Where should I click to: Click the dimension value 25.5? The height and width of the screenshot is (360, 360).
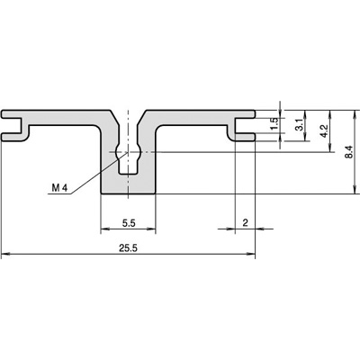point(128,248)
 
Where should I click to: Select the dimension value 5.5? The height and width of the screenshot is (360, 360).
point(129,223)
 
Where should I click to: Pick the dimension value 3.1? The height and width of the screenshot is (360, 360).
point(300,124)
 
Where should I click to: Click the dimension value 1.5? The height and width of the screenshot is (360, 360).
point(274,124)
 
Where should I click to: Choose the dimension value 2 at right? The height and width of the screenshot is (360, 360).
point(245,223)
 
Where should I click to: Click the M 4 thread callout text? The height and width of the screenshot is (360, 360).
point(60,188)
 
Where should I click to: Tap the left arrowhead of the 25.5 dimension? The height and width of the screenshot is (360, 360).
point(6,254)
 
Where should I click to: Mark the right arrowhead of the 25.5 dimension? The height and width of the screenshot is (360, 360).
point(251,254)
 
